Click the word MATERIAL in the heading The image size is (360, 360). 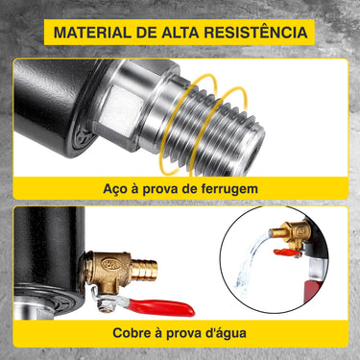coord(92,33)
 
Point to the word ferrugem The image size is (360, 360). coord(229,189)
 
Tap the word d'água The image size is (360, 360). coord(228,333)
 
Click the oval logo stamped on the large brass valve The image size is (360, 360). coord(111,264)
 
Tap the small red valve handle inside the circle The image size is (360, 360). coord(287,252)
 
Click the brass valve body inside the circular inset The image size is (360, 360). coord(292,233)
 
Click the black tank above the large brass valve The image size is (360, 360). coord(48,248)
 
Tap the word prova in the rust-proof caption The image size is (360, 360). coord(160,190)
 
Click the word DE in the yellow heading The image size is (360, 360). coord(147,33)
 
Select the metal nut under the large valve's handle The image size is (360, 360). coord(106,305)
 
